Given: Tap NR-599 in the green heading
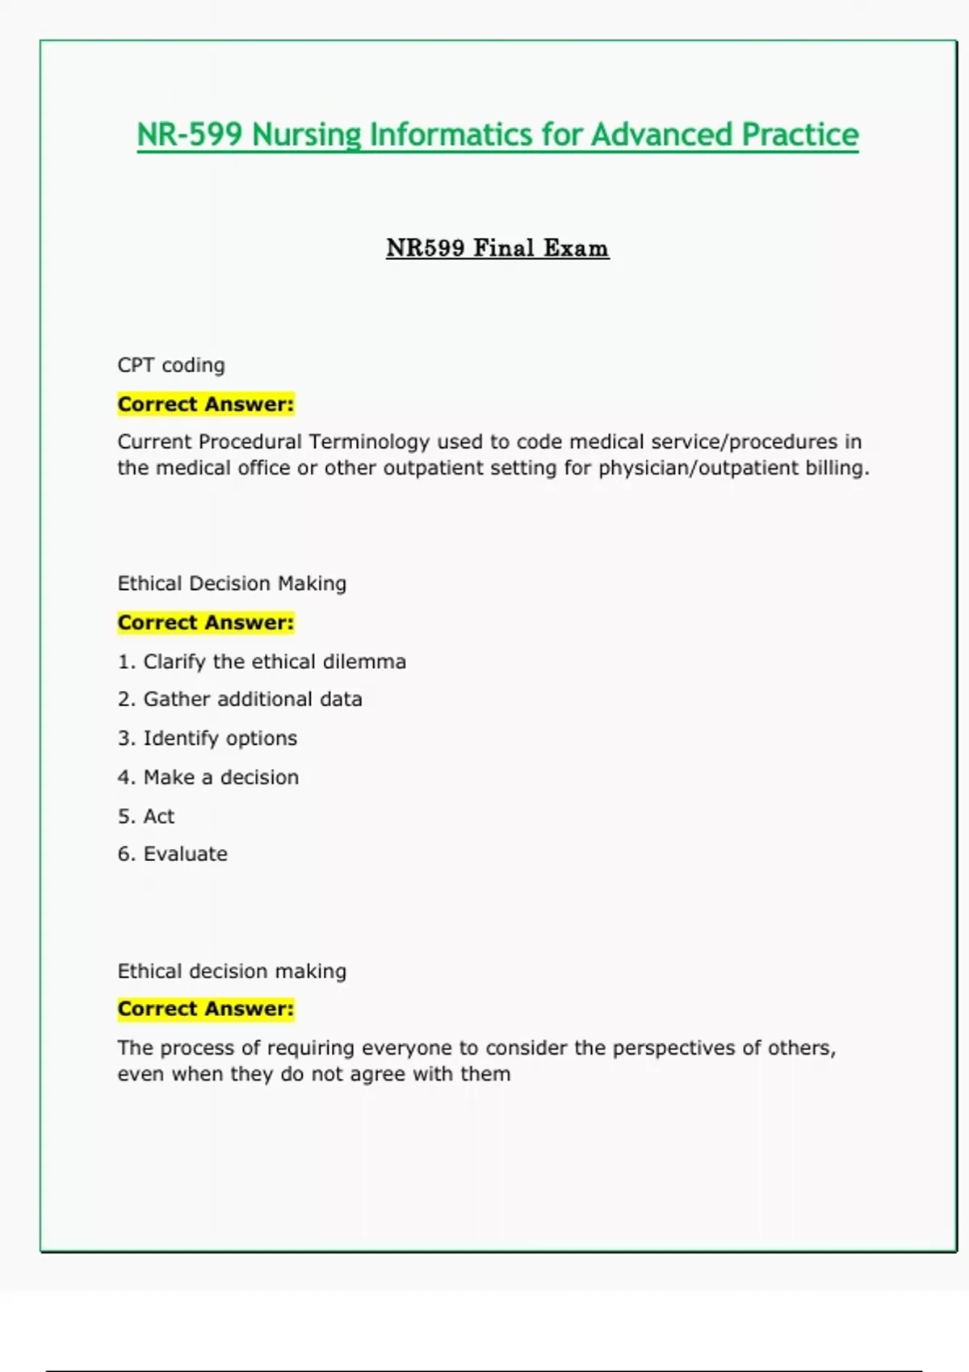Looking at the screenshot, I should click(x=189, y=135).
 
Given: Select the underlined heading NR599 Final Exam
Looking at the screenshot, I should click(x=497, y=248).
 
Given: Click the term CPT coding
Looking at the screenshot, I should click(x=171, y=365).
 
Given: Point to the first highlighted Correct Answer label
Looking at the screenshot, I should click(x=206, y=404).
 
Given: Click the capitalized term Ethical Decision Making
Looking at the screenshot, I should click(x=232, y=584).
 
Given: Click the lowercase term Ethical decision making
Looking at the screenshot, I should click(x=232, y=971).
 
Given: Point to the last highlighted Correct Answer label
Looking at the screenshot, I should click(x=206, y=1009).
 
